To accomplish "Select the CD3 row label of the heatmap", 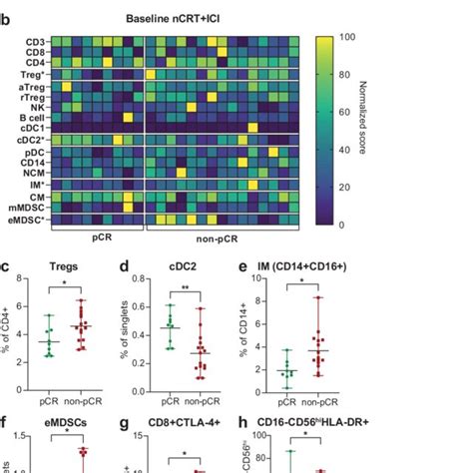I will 33,41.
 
